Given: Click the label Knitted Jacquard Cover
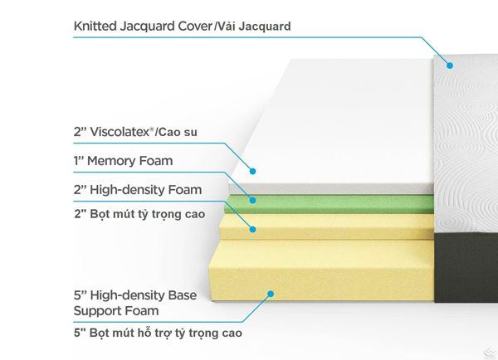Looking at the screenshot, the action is pos(143,26).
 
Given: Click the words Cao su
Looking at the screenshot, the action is pos(178,132).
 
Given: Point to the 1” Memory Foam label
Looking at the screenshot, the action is pos(123,161).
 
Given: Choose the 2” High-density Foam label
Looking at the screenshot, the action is pos(138,190).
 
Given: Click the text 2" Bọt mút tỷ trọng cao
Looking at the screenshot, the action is pos(139,214).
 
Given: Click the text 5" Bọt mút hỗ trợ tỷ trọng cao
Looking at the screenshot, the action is pos(158,333).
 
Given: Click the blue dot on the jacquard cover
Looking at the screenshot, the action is pos(450,66).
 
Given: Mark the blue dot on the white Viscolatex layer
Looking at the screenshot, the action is pos(252,172).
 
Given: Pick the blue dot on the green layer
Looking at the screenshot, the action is pos(252,200).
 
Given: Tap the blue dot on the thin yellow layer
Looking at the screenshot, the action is pos(252,229).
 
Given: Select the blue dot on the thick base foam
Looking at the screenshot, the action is pos(271,294).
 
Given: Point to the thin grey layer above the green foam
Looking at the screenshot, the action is pos(331,189).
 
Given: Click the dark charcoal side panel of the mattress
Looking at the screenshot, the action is pos(466,266).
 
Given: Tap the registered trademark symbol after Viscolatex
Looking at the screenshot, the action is pos(152,129).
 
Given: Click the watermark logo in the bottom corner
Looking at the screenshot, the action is pos(491,353).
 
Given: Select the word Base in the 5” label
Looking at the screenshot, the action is pos(182,295).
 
